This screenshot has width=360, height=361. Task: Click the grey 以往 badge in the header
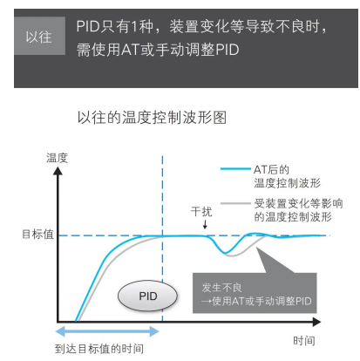(x=39, y=36)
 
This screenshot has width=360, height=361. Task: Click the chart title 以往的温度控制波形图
(x=152, y=118)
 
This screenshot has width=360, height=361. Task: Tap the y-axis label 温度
(x=57, y=158)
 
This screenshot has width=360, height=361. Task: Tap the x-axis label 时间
(x=304, y=340)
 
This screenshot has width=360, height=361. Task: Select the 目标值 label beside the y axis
(x=38, y=234)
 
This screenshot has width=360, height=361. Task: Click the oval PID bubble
(x=147, y=296)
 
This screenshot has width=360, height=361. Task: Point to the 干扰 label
(x=201, y=211)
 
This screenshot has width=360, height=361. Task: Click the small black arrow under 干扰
(x=205, y=224)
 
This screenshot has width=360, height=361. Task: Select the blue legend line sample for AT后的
(x=235, y=168)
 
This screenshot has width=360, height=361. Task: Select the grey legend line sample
(x=235, y=203)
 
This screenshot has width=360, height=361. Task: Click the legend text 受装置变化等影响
(x=298, y=203)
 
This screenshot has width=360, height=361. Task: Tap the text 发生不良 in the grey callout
(x=221, y=288)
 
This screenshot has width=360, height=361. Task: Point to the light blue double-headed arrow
(x=107, y=331)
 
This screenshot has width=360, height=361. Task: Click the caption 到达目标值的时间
(x=99, y=349)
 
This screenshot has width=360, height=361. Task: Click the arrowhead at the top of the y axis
(x=58, y=170)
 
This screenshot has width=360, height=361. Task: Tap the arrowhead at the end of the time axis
(x=316, y=322)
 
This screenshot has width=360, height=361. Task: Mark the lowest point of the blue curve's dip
(x=226, y=253)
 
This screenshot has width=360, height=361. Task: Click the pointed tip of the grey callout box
(x=257, y=247)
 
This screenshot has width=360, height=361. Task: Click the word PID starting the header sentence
(x=88, y=26)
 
